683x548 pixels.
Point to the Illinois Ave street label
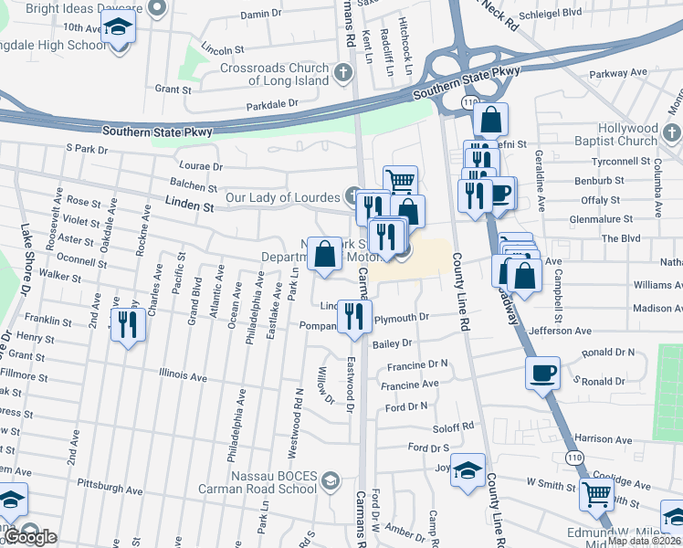pyautogui.click(x=183, y=374)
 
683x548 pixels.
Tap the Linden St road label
pyautogui.click(x=189, y=207)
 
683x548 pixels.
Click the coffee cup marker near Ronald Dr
pyautogui.click(x=542, y=373)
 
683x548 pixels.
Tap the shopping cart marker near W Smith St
pyautogui.click(x=597, y=496)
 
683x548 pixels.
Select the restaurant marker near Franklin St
pyautogui.click(x=128, y=324)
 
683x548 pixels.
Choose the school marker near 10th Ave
pyautogui.click(x=118, y=30)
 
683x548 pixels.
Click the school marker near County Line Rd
pyautogui.click(x=468, y=471)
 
